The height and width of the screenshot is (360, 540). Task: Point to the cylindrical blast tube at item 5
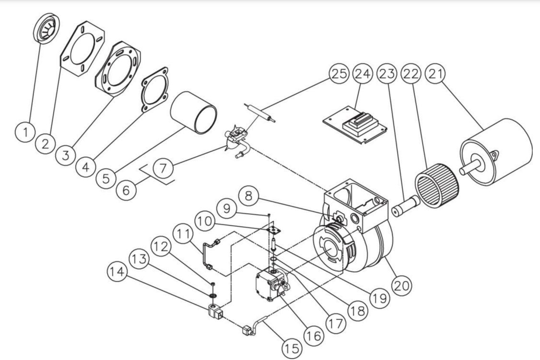[194, 113]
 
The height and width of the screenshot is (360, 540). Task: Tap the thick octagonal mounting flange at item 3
[118, 70]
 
